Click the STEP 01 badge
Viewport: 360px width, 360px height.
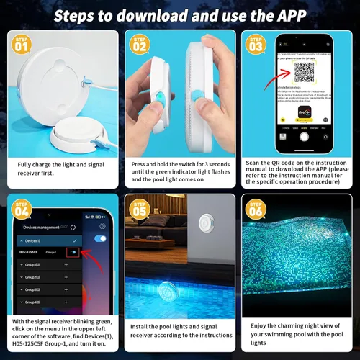(x=21, y=45)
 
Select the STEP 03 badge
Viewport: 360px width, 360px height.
(x=256, y=45)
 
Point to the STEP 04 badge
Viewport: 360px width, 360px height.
(x=21, y=211)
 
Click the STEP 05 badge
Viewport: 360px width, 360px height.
(x=138, y=211)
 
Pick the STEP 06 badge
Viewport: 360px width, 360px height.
(x=256, y=211)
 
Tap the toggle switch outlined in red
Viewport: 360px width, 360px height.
(x=72, y=252)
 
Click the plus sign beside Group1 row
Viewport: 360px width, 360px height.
(x=66, y=266)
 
